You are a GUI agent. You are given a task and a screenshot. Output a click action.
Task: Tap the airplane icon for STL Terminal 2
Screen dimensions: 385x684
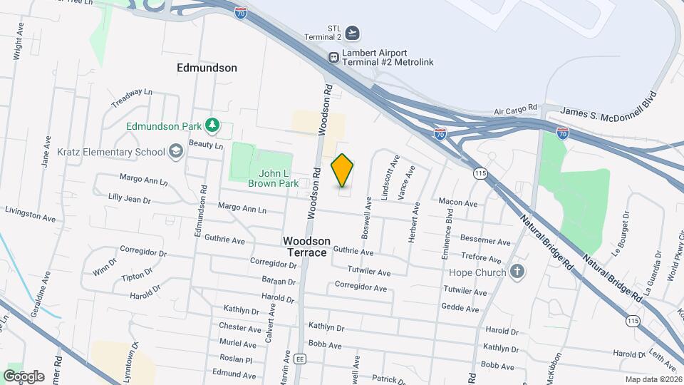pyautogui.click(x=352, y=33)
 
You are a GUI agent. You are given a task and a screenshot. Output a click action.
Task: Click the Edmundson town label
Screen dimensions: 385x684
pyautogui.click(x=207, y=68)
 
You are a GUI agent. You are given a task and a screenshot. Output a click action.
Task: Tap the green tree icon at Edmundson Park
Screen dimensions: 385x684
pyautogui.click(x=212, y=126)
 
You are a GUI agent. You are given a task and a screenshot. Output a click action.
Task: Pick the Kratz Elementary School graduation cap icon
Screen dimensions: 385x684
pyautogui.click(x=176, y=152)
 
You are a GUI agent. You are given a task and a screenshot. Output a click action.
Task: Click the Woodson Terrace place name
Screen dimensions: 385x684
pyautogui.click(x=306, y=247)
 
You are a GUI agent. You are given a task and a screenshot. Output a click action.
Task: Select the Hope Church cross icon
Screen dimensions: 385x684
pyautogui.click(x=518, y=272)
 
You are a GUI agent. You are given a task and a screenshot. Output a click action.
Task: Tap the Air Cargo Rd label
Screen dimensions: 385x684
pyautogui.click(x=515, y=110)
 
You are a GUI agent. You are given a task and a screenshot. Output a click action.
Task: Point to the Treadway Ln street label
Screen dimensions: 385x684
pyautogui.click(x=132, y=99)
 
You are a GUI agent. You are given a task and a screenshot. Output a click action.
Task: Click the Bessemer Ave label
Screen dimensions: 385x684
pyautogui.click(x=485, y=239)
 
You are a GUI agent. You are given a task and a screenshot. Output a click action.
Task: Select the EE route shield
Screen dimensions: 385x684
pyautogui.click(x=300, y=358)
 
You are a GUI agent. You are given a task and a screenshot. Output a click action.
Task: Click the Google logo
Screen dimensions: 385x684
pyautogui.click(x=24, y=376)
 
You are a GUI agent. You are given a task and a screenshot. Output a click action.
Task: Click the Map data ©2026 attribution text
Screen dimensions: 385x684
pyautogui.click(x=653, y=380)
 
